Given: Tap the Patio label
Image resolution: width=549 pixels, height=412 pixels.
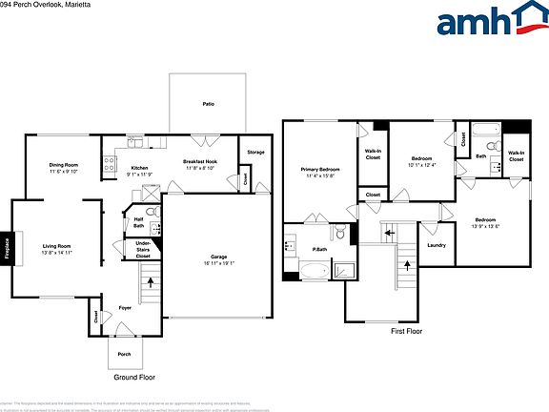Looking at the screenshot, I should pos(207,104).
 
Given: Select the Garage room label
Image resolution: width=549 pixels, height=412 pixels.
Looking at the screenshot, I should pos(219,257).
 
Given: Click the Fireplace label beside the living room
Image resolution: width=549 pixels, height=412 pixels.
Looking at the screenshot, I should pos(8,251).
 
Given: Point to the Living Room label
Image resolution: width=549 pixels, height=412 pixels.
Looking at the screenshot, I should pos(56,247).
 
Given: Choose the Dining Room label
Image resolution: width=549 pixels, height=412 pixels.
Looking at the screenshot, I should pos(64,165).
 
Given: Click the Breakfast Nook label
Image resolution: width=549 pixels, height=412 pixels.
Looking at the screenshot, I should pos(200,162).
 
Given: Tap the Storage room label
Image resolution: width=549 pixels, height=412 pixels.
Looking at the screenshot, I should pos(255,152).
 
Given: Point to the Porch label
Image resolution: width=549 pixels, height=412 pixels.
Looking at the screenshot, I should pos(124,353).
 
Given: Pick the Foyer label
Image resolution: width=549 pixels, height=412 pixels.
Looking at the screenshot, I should pos(125,308).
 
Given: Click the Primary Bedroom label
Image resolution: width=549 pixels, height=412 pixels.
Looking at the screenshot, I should pos(319,169).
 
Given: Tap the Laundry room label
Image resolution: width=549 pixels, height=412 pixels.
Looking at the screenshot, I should pos(437,245).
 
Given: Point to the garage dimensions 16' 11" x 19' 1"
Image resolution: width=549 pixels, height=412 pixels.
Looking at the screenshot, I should pos(219,263).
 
